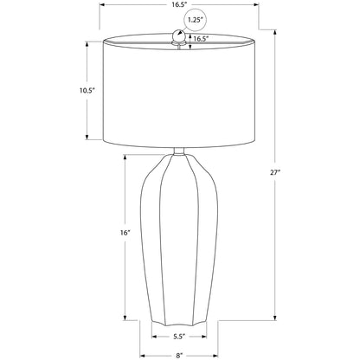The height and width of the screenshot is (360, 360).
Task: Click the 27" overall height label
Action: coord(275,172)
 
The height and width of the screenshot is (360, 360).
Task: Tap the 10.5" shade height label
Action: coord(87,91)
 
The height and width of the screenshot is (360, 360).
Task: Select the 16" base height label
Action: coord(125,233)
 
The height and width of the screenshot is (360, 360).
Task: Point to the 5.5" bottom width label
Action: coord(179,337)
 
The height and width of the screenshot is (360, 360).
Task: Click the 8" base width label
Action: coord(179,356)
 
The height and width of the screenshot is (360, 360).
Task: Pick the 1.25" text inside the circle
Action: coord(196,20)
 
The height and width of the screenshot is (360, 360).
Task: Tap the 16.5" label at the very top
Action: coord(179,4)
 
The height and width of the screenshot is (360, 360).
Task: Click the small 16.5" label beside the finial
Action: coord(201,39)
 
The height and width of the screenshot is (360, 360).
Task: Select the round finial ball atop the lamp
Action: coord(178,35)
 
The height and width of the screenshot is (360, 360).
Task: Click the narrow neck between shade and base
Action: coord(179,151)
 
